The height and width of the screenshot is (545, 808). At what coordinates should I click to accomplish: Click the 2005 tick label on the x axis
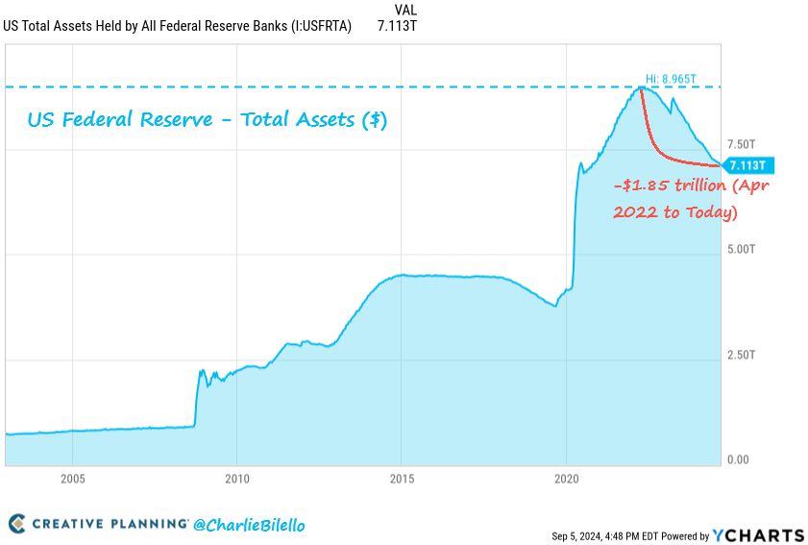(73, 479)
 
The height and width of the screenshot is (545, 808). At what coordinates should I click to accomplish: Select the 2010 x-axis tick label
(237, 479)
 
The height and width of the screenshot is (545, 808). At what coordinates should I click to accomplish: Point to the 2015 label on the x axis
(402, 479)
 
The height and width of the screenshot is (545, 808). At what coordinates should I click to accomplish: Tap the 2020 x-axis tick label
(567, 479)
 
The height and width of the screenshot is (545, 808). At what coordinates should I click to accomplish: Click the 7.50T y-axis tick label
(742, 145)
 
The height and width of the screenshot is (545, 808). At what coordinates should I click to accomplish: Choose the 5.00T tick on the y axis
(742, 250)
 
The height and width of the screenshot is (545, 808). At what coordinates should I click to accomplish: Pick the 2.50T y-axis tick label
(742, 356)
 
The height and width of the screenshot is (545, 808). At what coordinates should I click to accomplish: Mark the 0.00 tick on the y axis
(738, 460)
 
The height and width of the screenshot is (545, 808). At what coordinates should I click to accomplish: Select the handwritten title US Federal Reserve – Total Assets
(207, 121)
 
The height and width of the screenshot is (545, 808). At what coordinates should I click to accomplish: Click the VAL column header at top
(405, 10)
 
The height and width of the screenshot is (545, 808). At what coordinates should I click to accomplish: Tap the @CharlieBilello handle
(249, 525)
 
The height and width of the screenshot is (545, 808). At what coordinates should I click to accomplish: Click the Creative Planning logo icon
(17, 524)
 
